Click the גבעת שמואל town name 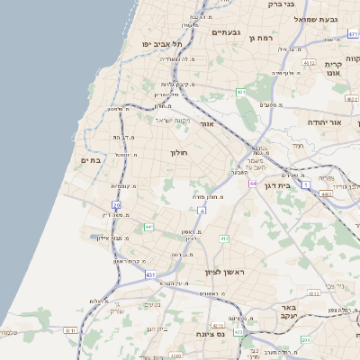click(x=319, y=19)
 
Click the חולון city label click(x=182, y=154)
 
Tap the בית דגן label click(x=282, y=184)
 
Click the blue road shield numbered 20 click(x=117, y=205)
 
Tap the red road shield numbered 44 click(x=255, y=183)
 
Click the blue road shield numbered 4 click(x=202, y=210)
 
